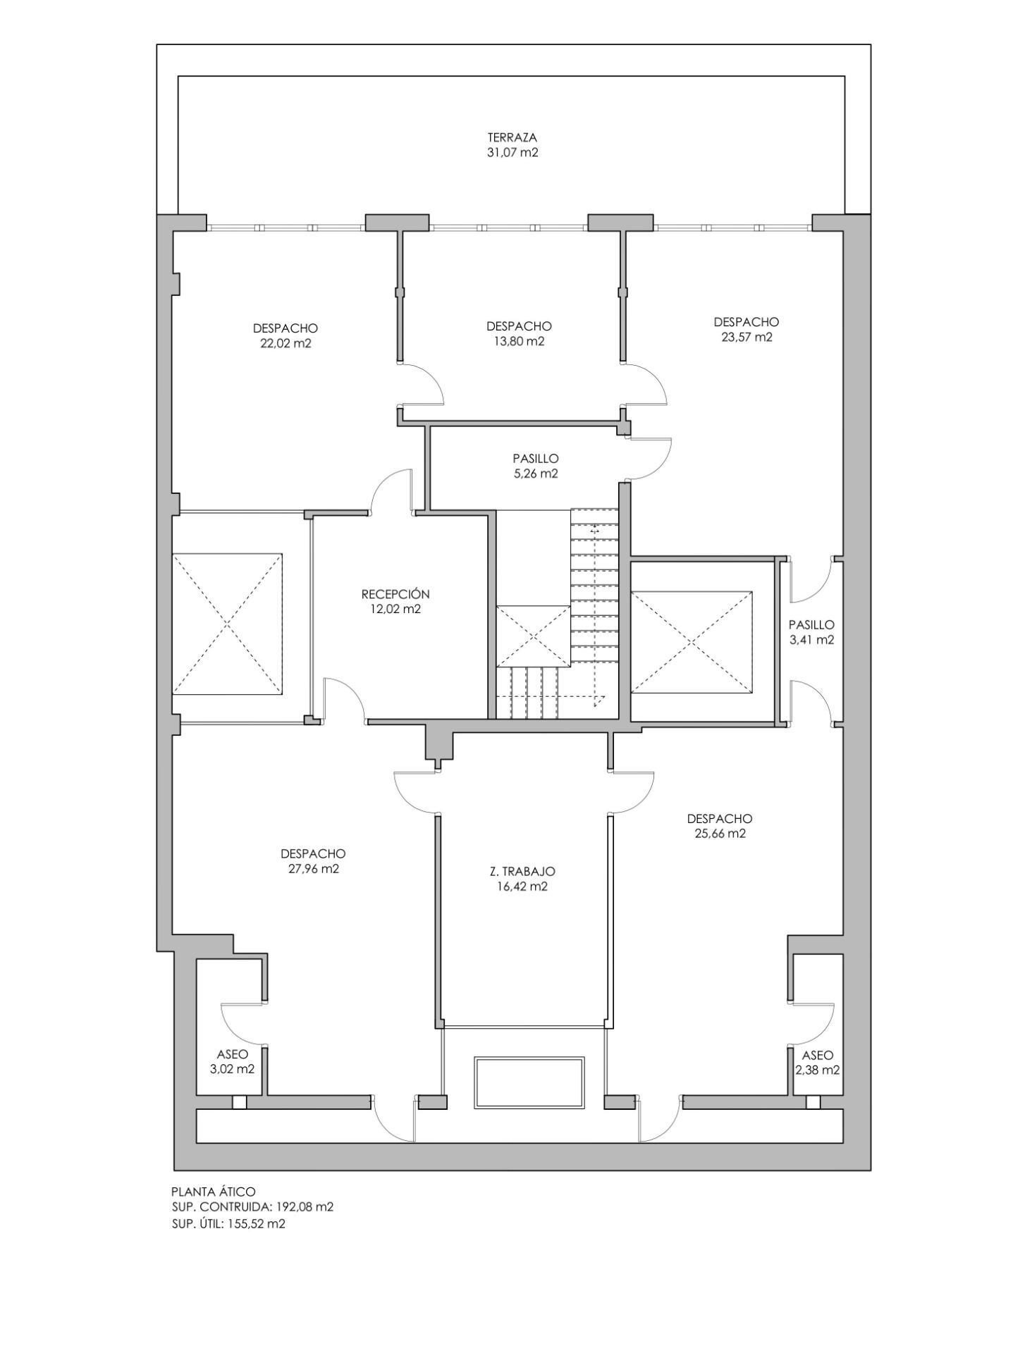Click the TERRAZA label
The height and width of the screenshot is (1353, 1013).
(x=512, y=137)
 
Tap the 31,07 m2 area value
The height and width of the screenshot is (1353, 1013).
(x=512, y=153)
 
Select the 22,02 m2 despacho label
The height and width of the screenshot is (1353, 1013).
(x=285, y=336)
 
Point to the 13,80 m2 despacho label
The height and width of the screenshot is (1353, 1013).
(x=518, y=334)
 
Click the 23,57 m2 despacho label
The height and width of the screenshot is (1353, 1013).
(x=746, y=330)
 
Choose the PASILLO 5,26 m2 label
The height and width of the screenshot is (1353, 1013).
(x=536, y=466)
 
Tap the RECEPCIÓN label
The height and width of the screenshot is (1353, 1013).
(x=395, y=594)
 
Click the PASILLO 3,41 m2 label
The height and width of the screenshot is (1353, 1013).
(x=811, y=632)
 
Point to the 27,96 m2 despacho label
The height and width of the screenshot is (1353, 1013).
(x=313, y=861)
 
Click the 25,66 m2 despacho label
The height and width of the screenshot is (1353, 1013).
(x=719, y=826)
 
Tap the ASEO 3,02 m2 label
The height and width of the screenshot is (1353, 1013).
(x=232, y=1061)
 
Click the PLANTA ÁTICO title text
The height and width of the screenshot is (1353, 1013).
(x=213, y=1192)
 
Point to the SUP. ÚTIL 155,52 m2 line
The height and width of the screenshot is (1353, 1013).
(x=228, y=1223)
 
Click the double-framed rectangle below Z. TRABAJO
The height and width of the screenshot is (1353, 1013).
(x=529, y=1082)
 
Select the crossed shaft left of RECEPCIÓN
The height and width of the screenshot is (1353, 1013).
(x=227, y=624)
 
